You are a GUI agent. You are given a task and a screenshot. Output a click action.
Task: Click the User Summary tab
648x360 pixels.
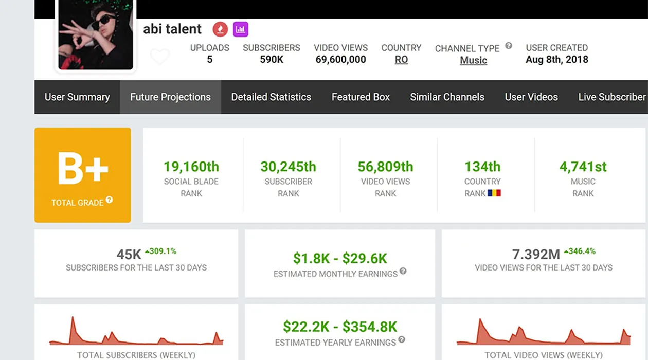click(x=77, y=97)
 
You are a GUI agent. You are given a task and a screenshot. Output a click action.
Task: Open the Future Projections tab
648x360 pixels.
click(x=170, y=97)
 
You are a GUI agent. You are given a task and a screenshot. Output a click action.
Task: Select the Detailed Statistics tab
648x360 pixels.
click(x=271, y=97)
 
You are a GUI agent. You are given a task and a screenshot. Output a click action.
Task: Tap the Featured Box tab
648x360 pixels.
click(x=361, y=97)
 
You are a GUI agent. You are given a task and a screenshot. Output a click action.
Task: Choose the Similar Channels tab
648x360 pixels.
click(x=447, y=97)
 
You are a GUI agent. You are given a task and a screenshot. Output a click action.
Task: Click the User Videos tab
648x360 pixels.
click(x=531, y=97)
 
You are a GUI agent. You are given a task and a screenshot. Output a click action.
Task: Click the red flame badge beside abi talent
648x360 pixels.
click(x=220, y=29)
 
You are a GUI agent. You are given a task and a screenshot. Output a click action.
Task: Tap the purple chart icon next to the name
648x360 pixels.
click(x=241, y=29)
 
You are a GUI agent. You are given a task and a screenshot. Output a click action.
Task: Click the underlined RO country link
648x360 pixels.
click(x=401, y=60)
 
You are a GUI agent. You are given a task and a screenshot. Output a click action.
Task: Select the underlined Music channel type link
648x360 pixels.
click(x=473, y=60)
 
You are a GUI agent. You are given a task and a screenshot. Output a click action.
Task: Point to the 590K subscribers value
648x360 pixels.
click(x=272, y=59)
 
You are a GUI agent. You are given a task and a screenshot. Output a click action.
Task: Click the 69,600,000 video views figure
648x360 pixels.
click(x=340, y=59)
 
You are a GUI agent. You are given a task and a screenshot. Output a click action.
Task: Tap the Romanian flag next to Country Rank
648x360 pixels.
click(x=494, y=193)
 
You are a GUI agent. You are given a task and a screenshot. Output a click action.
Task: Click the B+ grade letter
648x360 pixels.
click(x=83, y=168)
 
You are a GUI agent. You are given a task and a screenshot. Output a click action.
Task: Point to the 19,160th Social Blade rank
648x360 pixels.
click(x=191, y=167)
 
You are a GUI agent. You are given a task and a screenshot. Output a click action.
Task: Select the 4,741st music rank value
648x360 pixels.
click(x=583, y=167)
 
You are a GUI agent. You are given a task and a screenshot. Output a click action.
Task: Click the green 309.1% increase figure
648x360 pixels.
click(x=161, y=251)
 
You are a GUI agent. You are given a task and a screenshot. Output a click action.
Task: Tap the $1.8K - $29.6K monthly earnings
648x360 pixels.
click(x=340, y=258)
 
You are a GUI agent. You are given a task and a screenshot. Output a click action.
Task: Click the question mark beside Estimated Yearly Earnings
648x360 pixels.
click(x=402, y=339)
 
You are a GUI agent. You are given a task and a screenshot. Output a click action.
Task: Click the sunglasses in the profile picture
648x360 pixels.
click(x=103, y=22)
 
